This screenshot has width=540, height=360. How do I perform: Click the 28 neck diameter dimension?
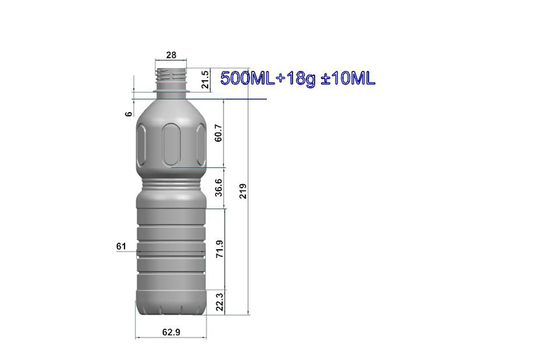171,55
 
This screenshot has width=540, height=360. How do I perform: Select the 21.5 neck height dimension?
205,80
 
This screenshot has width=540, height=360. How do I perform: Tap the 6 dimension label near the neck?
129,113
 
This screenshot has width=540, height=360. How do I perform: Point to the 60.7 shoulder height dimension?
218,133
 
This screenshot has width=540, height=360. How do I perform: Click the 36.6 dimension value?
218,188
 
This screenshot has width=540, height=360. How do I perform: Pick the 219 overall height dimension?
243,191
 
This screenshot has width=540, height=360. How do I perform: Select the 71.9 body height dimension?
219,249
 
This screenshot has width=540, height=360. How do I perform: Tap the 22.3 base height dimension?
219,302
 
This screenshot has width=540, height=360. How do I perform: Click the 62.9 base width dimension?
171,332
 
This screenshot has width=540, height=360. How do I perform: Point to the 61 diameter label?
121,246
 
